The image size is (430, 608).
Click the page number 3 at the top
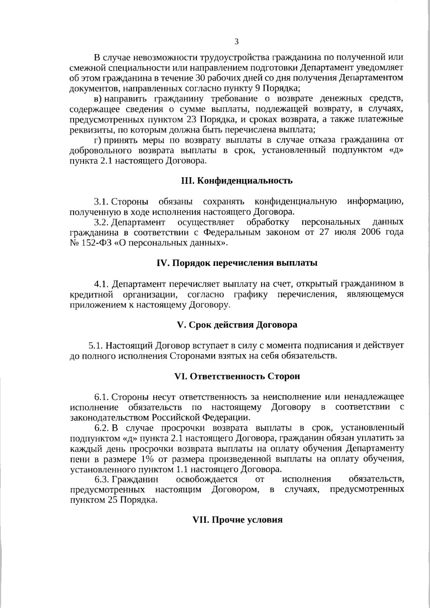click(236, 41)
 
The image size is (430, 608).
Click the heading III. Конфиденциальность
click(237, 181)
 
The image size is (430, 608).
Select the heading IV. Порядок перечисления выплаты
click(237, 263)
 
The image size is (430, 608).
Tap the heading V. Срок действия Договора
click(237, 325)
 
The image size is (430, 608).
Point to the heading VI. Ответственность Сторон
click(237, 377)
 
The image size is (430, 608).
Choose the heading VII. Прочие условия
click(237, 520)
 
